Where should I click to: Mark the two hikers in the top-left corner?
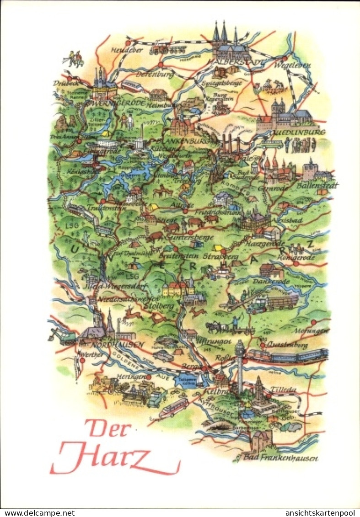tap(74, 58)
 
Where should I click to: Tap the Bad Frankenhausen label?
tap(280, 458)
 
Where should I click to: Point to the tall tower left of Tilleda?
tap(240, 366)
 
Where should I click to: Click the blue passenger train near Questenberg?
tap(288, 356)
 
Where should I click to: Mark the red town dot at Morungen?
tap(314, 323)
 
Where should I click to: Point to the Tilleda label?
tap(284, 389)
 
